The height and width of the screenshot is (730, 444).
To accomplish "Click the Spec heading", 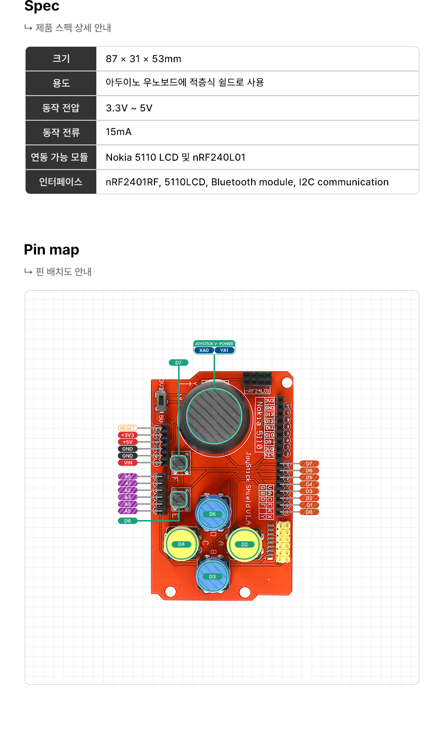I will pyautogui.click(x=42, y=6).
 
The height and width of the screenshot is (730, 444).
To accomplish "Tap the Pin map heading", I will pyautogui.click(x=51, y=250).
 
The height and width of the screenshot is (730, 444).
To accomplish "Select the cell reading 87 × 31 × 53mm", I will pyautogui.click(x=144, y=59).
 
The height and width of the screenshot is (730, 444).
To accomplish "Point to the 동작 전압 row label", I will pyautogui.click(x=61, y=108).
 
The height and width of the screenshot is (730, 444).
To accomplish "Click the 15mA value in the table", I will pyautogui.click(x=118, y=132).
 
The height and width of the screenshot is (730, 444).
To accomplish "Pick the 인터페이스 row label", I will pyautogui.click(x=61, y=182).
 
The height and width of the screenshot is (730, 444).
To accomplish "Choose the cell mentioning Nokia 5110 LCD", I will pyautogui.click(x=175, y=157).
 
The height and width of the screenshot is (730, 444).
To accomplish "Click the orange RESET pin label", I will pyautogui.click(x=127, y=428).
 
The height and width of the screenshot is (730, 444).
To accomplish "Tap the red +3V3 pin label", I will pyautogui.click(x=127, y=435).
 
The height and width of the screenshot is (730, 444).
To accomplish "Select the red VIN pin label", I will pyautogui.click(x=127, y=463).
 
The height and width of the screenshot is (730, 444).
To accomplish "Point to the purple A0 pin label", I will pyautogui.click(x=127, y=477).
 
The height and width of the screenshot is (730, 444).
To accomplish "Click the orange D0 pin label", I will pyautogui.click(x=309, y=512).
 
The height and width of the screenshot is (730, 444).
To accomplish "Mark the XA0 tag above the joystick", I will pyautogui.click(x=204, y=350).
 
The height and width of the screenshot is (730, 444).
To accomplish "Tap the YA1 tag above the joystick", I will pyautogui.click(x=224, y=350).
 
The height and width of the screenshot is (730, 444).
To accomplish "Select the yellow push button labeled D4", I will pyautogui.click(x=181, y=544).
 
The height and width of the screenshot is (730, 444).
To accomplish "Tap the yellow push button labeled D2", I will pyautogui.click(x=244, y=544).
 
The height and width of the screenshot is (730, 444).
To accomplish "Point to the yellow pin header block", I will pyautogui.click(x=283, y=542).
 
